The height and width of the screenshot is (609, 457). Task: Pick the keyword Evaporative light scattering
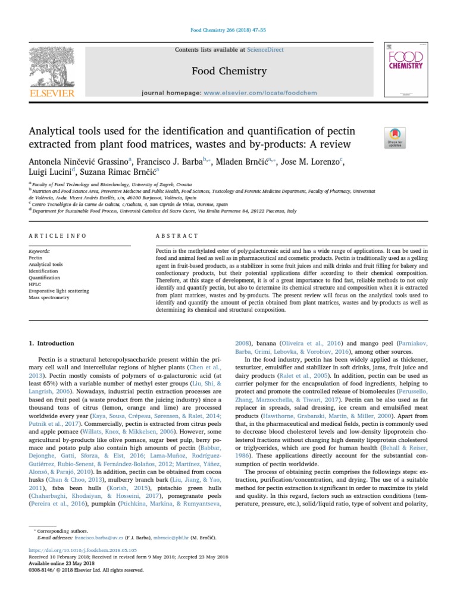[59, 291]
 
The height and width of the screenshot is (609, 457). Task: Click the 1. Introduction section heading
[52, 343]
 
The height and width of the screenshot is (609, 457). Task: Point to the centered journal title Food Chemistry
[229, 72]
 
